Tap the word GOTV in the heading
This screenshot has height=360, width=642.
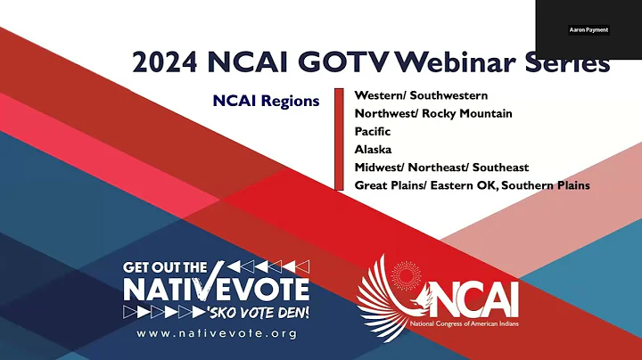[338, 63]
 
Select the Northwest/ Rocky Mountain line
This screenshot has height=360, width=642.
[432, 113]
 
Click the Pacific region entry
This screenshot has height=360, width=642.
[373, 131]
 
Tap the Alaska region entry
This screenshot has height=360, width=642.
[373, 150]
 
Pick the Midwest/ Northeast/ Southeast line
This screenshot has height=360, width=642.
[441, 168]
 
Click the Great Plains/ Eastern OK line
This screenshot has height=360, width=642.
[472, 185]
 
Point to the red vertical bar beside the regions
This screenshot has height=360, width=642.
[338, 139]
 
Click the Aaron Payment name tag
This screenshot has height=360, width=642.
[588, 29]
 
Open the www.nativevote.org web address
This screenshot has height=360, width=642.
[217, 333]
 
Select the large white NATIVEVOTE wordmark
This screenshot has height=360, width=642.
[217, 289]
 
